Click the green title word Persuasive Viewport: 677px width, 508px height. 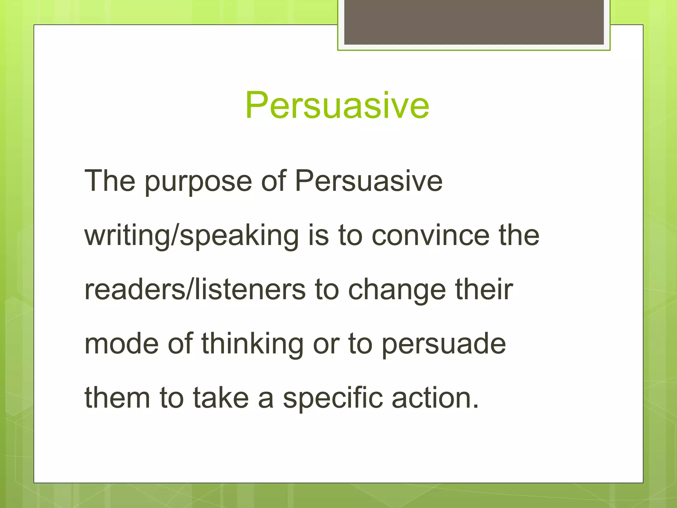click(337, 105)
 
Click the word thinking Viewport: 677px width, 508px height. click(252, 344)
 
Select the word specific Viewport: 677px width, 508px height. click(333, 399)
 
